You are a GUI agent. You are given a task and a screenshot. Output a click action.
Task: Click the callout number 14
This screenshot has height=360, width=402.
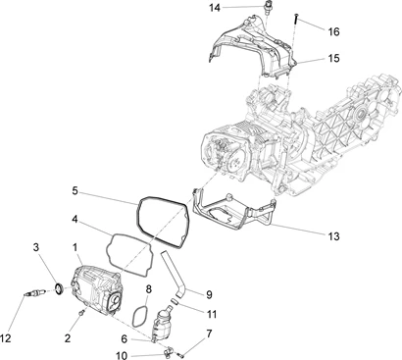(215, 8)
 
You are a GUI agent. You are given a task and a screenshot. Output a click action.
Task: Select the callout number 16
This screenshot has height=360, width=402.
(334, 31)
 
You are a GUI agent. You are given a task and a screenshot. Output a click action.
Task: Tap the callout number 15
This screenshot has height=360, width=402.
(334, 58)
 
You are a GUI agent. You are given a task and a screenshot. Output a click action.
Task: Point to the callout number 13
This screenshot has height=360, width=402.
(333, 236)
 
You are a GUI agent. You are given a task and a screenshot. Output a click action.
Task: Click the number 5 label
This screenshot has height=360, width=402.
(75, 190)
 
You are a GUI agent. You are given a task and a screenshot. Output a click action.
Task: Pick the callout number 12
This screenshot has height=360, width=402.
(6, 338)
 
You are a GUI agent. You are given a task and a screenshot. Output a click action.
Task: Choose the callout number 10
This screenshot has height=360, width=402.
(122, 355)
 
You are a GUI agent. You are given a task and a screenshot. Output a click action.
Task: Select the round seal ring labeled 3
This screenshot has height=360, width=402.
(59, 288)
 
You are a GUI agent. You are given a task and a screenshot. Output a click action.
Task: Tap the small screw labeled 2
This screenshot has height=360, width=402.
(81, 314)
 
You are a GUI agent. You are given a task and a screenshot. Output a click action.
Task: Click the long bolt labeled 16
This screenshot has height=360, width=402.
(296, 19)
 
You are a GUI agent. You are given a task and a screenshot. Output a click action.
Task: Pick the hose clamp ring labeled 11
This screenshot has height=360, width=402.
(175, 300)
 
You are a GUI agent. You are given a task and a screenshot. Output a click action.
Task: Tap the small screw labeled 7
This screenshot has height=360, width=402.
(180, 353)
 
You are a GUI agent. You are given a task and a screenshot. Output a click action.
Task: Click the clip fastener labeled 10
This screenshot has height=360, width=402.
(167, 352)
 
